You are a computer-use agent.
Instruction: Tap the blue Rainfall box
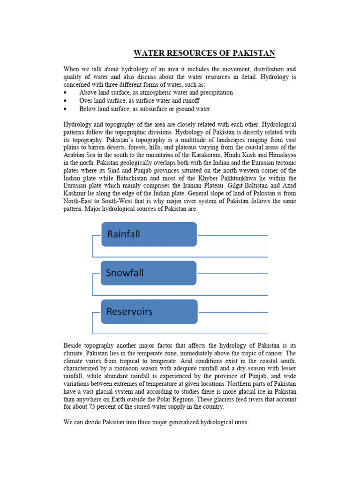click(149, 234)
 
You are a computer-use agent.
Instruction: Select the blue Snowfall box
click(149, 273)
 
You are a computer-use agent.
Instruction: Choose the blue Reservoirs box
click(149, 312)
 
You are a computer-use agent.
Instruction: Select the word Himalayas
click(280, 155)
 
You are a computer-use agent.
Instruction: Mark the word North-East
click(78, 202)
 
